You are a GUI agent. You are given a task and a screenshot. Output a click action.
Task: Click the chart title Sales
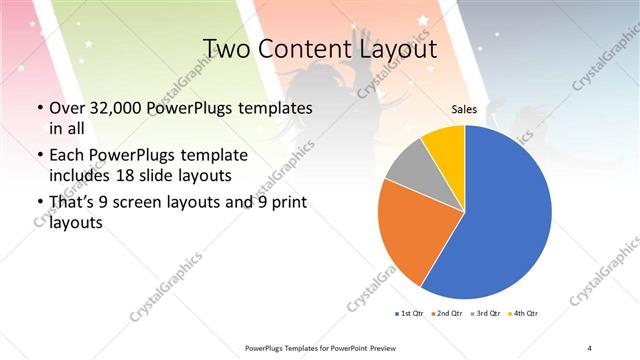coord(464,109)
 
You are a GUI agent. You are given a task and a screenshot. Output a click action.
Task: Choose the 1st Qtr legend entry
coord(409,314)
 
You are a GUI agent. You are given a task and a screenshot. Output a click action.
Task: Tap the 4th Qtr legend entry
coord(525,314)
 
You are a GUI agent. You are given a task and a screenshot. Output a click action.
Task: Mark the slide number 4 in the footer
coord(590,348)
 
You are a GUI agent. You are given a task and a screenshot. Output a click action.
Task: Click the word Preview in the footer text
coord(377,348)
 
